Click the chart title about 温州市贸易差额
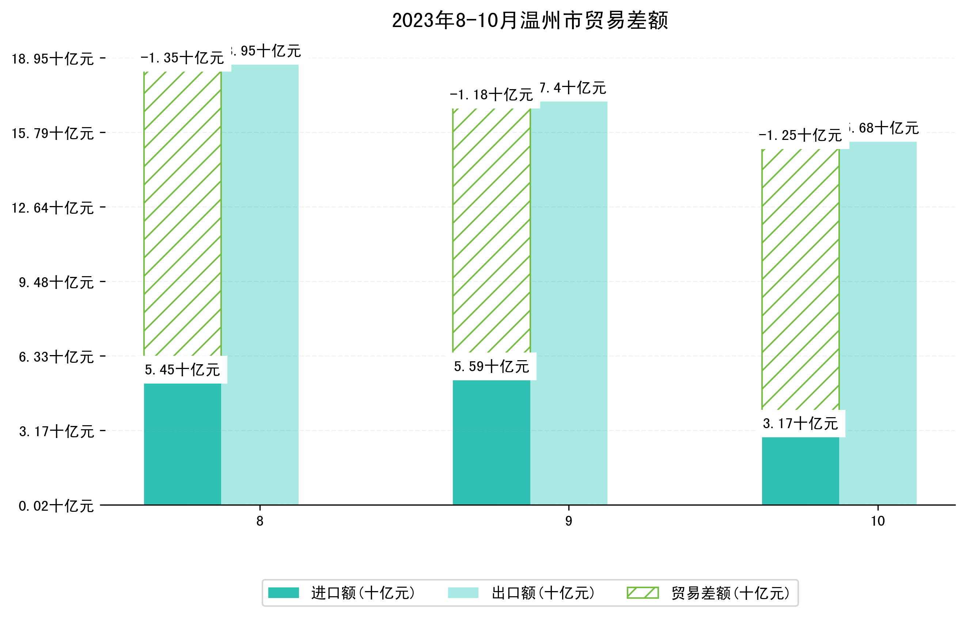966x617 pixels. [530, 20]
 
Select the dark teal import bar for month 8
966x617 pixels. [182, 444]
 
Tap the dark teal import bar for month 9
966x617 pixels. [492, 442]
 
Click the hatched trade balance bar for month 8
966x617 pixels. [182, 213]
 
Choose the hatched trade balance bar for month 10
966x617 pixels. [800, 279]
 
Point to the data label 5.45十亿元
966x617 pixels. [182, 370]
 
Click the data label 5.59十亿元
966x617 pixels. [492, 366]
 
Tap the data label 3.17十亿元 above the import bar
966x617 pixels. [800, 423]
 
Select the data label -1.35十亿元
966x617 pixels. [182, 58]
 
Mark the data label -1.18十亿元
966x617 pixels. [492, 95]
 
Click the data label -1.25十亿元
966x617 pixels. [800, 136]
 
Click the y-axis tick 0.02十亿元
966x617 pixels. [56, 506]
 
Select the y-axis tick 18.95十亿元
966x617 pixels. [53, 59]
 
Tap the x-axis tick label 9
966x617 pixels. [568, 521]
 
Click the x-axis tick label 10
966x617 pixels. [878, 521]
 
